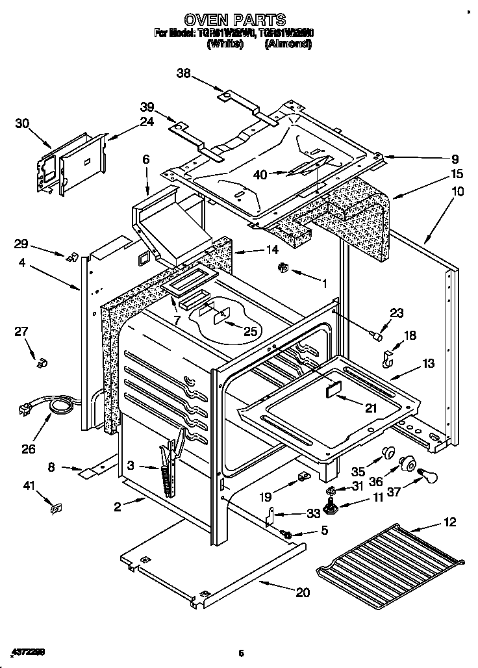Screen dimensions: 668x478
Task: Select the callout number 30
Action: (x=22, y=123)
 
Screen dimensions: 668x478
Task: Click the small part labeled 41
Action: (x=57, y=507)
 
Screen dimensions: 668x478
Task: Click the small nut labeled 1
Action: (x=283, y=266)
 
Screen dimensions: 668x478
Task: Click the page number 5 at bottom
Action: (x=240, y=653)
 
